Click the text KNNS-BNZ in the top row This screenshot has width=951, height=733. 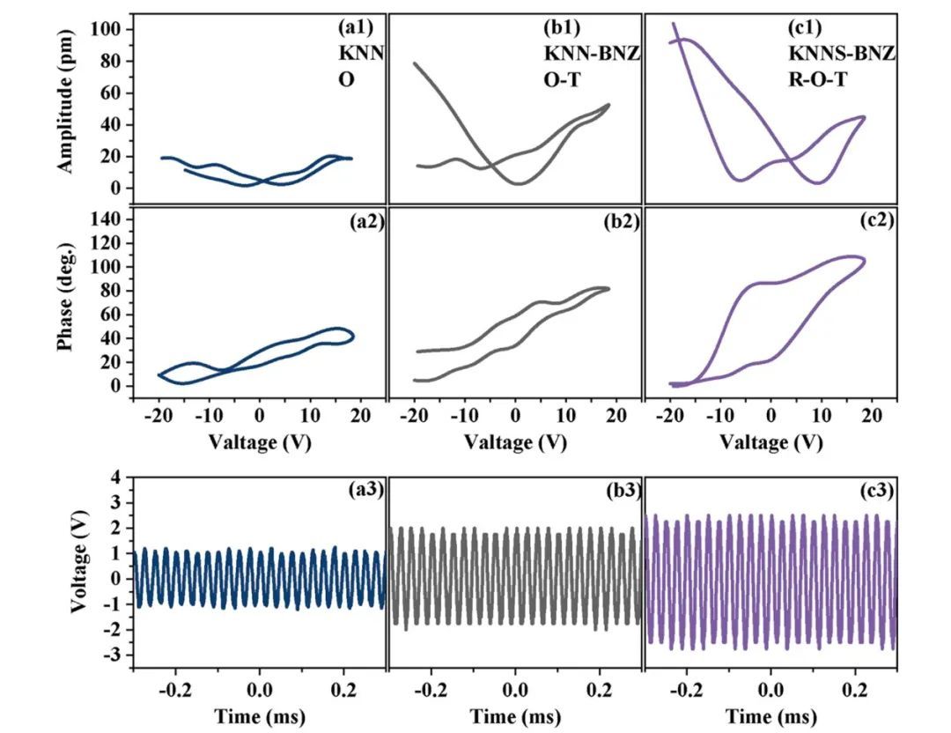841,55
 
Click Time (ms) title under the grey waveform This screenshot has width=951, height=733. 516,715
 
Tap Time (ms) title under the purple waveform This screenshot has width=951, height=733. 770,715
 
